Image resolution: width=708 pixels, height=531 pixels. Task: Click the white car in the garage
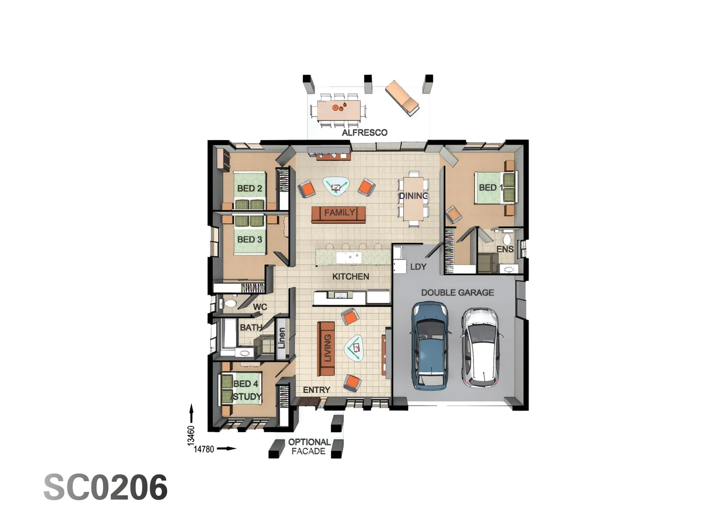480,347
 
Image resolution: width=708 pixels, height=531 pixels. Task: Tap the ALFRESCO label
364,133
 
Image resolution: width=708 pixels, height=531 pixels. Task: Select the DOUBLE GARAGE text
457,293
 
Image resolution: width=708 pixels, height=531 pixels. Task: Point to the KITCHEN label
351,277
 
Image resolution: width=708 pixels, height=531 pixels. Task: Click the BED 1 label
490,187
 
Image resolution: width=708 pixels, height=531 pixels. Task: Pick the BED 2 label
249,188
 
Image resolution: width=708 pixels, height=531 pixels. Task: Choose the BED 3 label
249,239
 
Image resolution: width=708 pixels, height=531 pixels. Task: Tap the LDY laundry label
418,266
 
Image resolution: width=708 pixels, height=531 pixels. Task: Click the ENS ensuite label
505,249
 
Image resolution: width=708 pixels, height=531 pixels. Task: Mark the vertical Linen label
281,338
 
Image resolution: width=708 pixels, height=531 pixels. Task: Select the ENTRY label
316,390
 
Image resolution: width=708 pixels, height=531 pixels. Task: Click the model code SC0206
106,488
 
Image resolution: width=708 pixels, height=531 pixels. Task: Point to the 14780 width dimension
204,449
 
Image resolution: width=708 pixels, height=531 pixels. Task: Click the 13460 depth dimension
191,436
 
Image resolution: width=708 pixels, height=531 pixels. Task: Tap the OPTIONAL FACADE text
309,446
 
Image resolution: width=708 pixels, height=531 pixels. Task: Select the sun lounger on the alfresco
402,98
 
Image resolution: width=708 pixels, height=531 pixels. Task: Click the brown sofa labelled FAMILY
339,214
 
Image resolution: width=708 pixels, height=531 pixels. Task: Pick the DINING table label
413,196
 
